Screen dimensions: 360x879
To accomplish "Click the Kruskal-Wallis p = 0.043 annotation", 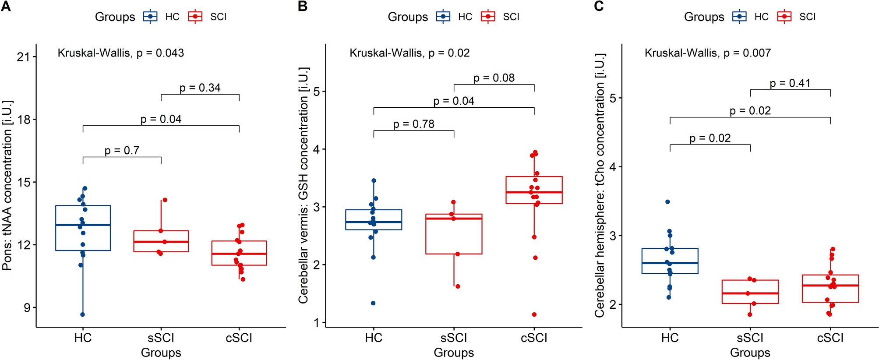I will [120, 53].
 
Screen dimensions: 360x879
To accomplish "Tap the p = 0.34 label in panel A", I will [200, 88].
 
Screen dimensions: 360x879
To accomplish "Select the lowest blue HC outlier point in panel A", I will [82, 314].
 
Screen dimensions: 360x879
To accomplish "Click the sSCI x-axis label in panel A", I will [161, 338].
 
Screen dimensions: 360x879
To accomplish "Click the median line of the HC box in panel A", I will [83, 225].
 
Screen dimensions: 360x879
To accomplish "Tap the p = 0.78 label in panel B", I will [413, 124].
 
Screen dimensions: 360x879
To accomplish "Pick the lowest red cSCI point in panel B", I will [534, 314].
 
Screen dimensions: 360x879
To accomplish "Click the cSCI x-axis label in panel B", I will [534, 338].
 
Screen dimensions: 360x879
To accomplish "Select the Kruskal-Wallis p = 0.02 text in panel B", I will [409, 53].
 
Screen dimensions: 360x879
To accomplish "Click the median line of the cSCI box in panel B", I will [534, 192].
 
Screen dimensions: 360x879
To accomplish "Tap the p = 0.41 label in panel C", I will [790, 83].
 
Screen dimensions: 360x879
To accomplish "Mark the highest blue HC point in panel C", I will [667, 202].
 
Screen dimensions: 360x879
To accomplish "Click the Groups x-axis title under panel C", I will [750, 353].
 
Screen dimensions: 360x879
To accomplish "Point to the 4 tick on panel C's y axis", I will [613, 167].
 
